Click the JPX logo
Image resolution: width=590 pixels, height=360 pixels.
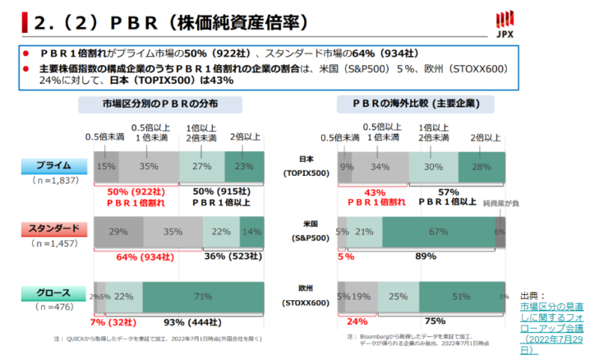tap(565, 24)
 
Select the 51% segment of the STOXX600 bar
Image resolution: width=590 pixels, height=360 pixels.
tap(462, 297)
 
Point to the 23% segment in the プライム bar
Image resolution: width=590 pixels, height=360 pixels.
tap(244, 165)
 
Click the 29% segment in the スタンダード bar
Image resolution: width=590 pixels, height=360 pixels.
tap(118, 233)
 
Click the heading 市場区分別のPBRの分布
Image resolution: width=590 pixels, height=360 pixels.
tap(172, 104)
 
